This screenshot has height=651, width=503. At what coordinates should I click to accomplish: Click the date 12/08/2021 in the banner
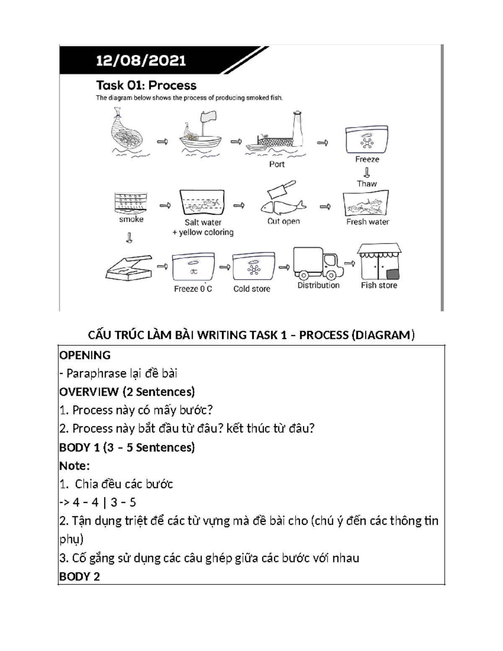click(x=141, y=61)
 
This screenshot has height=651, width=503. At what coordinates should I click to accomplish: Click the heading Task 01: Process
click(x=146, y=86)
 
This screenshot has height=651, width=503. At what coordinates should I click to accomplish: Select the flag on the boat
click(x=208, y=117)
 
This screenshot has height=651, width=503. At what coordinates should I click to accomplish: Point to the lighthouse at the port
click(x=298, y=128)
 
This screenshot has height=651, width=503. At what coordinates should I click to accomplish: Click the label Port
click(x=277, y=164)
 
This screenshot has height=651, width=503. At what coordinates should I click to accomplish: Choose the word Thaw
click(x=367, y=184)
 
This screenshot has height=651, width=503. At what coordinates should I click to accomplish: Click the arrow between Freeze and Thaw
click(x=367, y=172)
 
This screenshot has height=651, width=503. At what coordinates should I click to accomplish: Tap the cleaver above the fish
click(x=280, y=189)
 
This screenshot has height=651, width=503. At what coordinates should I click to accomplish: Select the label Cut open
click(x=284, y=221)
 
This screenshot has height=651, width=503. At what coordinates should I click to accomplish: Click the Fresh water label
click(x=368, y=222)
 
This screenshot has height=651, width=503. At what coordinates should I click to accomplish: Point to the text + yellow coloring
click(x=203, y=232)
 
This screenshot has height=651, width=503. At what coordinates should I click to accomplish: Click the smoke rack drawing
click(x=131, y=203)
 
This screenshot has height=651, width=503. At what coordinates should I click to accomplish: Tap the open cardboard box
click(x=128, y=268)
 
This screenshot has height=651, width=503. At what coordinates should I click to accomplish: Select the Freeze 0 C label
click(x=193, y=289)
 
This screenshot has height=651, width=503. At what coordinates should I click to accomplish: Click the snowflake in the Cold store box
click(x=253, y=270)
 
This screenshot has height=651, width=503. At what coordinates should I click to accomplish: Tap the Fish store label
click(x=379, y=285)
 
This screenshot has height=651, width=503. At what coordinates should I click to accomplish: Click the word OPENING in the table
click(x=85, y=355)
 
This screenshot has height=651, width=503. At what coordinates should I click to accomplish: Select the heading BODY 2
click(x=80, y=577)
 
